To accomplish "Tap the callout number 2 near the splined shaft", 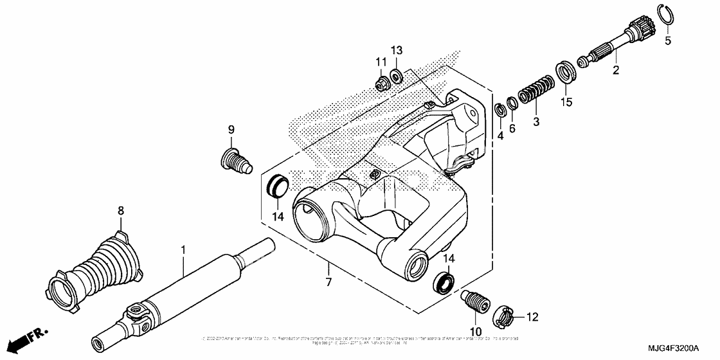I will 615,71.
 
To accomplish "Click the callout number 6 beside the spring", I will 512,129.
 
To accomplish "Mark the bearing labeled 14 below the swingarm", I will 444,281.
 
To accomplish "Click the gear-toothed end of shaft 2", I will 640,30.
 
